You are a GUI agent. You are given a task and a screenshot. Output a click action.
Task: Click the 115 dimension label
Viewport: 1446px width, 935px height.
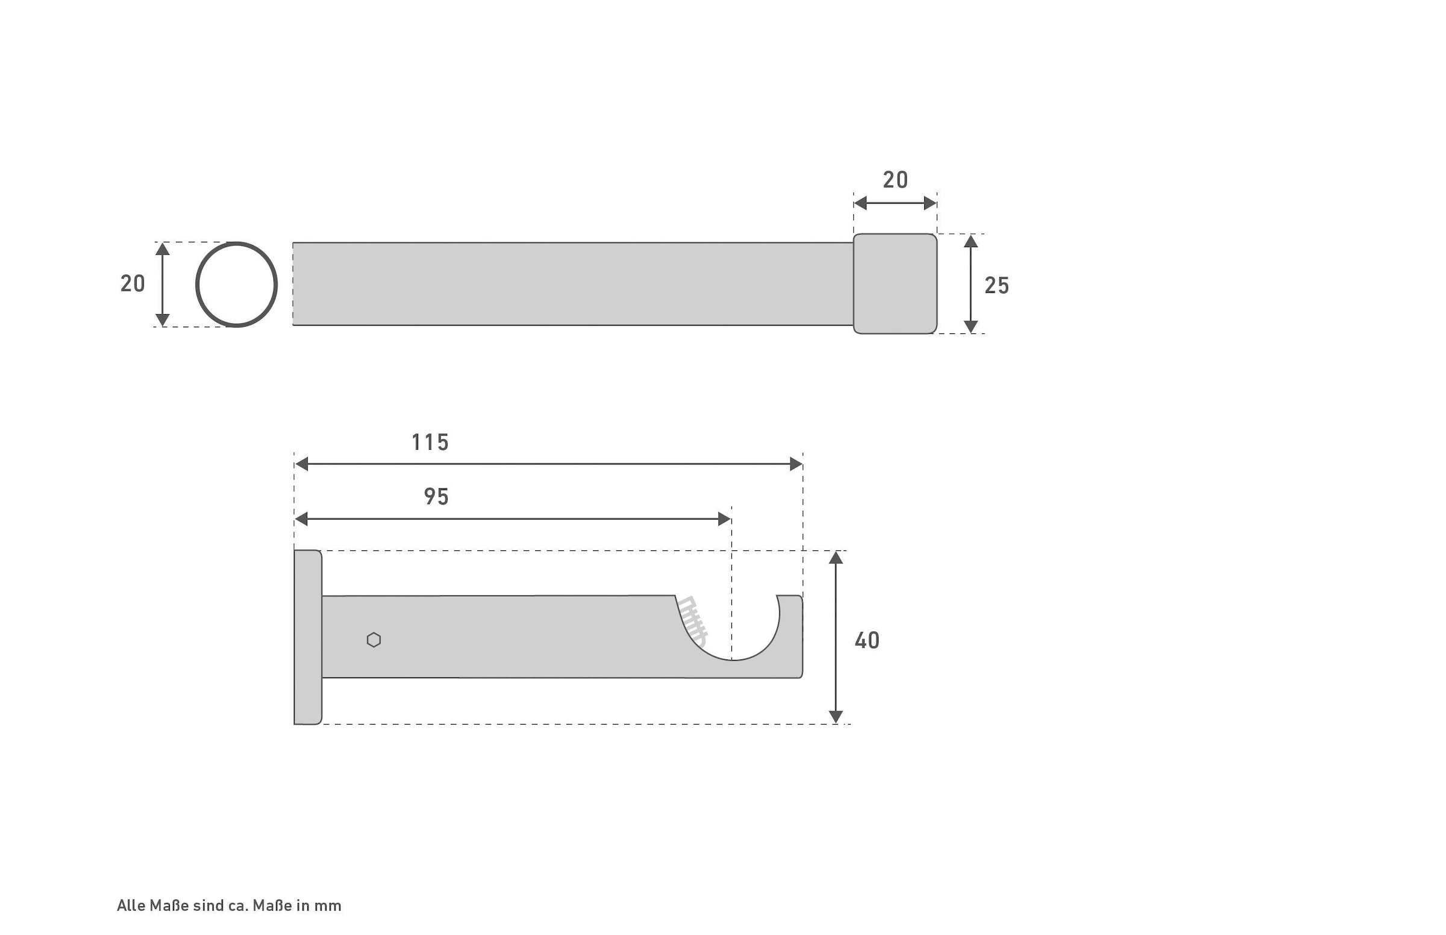430,442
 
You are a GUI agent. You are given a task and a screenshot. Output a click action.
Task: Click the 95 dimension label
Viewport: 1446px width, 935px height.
436,497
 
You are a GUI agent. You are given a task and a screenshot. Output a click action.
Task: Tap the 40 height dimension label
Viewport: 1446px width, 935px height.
867,640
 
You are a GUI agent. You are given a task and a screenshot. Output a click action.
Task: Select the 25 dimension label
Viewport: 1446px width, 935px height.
997,285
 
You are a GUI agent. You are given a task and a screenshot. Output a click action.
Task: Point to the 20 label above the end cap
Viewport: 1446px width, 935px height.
895,180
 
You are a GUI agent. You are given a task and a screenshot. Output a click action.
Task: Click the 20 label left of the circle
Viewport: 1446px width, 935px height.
133,283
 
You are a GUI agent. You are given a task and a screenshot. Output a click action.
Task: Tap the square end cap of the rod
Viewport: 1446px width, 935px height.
895,283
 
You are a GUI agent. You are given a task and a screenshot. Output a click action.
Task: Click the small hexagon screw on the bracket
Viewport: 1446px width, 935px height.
374,640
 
